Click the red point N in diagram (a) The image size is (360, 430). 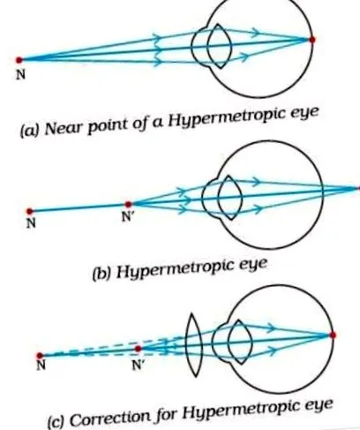coord(19,60)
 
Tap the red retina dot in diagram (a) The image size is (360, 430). coord(312,40)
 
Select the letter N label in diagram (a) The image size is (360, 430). coord(20,75)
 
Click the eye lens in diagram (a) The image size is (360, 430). coord(220,46)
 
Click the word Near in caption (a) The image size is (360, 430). coord(63,129)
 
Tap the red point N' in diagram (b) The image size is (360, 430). coord(128,204)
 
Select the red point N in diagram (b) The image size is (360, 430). coord(29,211)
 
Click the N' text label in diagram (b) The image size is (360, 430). coord(127,217)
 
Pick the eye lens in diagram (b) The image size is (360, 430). coord(230,198)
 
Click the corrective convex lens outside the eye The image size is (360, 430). coord(194,344)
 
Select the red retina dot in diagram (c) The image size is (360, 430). coord(333,335)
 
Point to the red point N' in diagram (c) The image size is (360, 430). coord(138,349)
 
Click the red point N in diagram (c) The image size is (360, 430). coord(40,355)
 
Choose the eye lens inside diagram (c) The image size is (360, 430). coord(240,342)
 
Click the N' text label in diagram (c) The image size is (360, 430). coord(138,365)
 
